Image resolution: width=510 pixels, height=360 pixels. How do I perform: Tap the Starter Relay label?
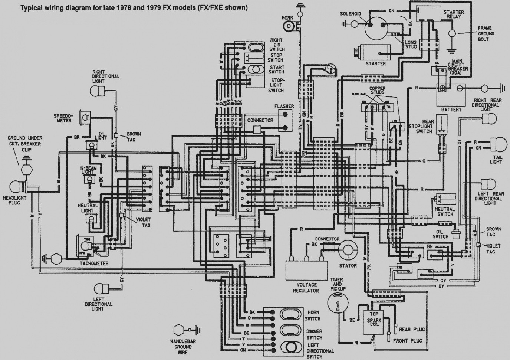coord(453,14)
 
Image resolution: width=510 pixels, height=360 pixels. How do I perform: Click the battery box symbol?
coord(451,95)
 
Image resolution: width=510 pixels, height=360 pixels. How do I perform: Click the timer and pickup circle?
coord(338,302)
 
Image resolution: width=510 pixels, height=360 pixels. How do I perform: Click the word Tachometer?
coord(94,264)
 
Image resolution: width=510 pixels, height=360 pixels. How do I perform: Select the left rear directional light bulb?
coord(488,184)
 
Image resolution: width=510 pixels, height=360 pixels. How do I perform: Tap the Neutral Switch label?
coord(445,212)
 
